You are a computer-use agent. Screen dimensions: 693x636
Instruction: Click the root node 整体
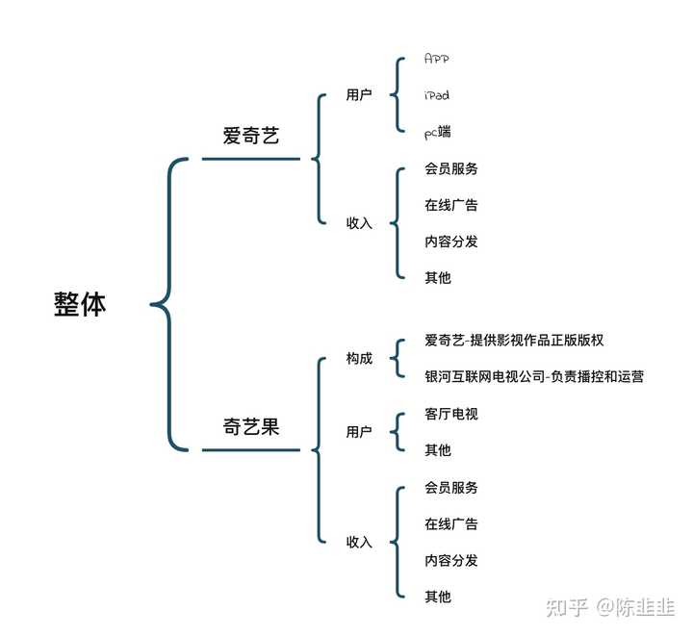click(x=80, y=304)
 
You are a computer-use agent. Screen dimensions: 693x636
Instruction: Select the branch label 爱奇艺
click(x=251, y=135)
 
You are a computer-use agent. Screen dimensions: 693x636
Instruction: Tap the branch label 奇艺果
click(x=251, y=426)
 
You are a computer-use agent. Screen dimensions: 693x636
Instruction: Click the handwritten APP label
click(x=437, y=59)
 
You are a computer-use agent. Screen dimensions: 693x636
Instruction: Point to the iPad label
click(x=437, y=95)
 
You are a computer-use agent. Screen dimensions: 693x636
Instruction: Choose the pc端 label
click(x=438, y=132)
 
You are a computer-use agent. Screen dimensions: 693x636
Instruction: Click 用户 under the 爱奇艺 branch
click(x=359, y=94)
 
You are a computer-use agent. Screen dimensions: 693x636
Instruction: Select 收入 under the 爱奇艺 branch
click(x=359, y=223)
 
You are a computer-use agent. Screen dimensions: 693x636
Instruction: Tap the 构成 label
click(x=359, y=358)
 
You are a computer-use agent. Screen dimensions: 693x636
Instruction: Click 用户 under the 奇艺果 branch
click(x=359, y=431)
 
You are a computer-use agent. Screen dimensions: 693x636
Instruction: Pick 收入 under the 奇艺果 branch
click(x=359, y=542)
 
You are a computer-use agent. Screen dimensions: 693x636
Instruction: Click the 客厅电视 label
click(x=451, y=414)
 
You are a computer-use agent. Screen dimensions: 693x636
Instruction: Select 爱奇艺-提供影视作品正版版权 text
click(x=514, y=340)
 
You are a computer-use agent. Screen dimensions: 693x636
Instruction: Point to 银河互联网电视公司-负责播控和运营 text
click(x=534, y=377)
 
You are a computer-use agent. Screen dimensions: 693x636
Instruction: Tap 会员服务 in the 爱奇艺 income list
click(x=451, y=168)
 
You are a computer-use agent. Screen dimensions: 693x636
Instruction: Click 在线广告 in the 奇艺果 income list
click(x=451, y=523)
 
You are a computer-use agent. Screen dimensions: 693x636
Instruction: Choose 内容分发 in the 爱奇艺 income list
click(x=451, y=242)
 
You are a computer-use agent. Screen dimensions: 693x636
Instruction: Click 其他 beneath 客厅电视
click(x=438, y=450)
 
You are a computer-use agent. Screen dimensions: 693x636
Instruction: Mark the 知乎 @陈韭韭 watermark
click(x=610, y=607)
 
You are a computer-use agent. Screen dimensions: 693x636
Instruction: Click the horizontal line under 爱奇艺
click(x=251, y=159)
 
